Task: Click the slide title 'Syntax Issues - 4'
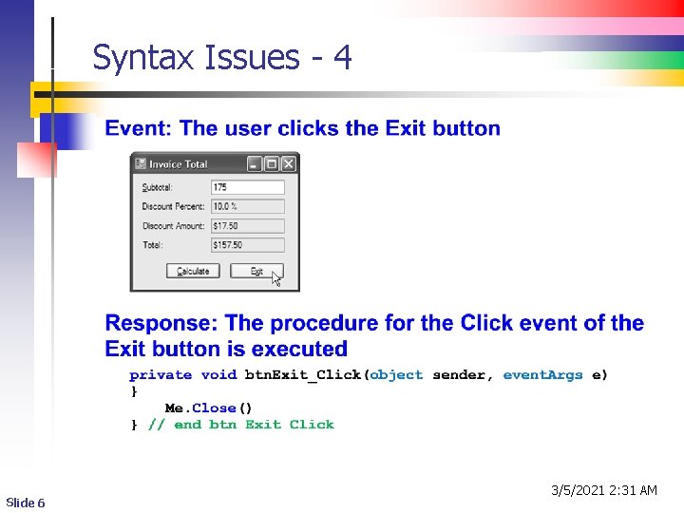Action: pyautogui.click(x=222, y=59)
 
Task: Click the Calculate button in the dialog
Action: pyautogui.click(x=193, y=271)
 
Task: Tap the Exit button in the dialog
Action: pyautogui.click(x=256, y=271)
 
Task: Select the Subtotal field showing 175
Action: pyautogui.click(x=247, y=187)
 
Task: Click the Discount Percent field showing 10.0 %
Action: pyautogui.click(x=247, y=206)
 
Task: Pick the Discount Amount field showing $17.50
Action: pyautogui.click(x=247, y=226)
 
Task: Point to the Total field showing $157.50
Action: pyautogui.click(x=247, y=245)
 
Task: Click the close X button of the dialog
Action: pyautogui.click(x=289, y=164)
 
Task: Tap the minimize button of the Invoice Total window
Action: pyautogui.click(x=255, y=164)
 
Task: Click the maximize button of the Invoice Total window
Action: pyautogui.click(x=272, y=164)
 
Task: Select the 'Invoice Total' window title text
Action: pyautogui.click(x=178, y=164)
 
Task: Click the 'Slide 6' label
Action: pyautogui.click(x=26, y=503)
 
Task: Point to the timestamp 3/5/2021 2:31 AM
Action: pyautogui.click(x=604, y=490)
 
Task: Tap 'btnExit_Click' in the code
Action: pyautogui.click(x=303, y=374)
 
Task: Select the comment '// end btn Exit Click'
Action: pyautogui.click(x=240, y=425)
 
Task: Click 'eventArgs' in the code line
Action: pyautogui.click(x=542, y=374)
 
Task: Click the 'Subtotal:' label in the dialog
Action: pyautogui.click(x=158, y=187)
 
